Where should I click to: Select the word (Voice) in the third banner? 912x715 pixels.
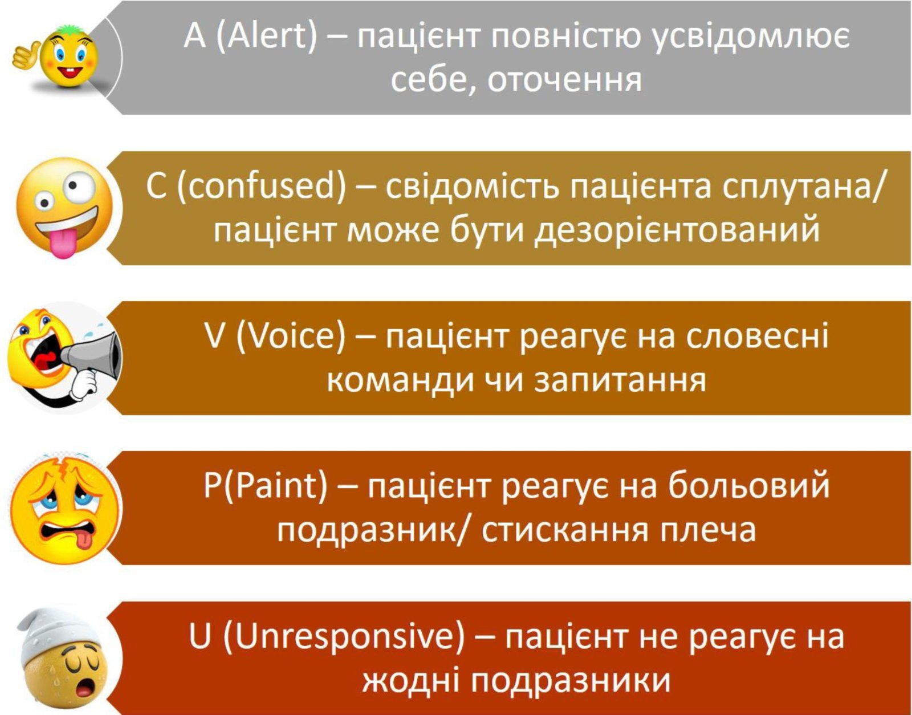click(291, 337)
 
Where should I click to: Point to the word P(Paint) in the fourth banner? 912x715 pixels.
click(265, 486)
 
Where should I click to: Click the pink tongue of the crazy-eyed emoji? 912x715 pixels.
click(63, 243)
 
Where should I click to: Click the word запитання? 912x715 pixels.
click(620, 381)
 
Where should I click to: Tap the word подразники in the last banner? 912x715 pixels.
click(570, 681)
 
